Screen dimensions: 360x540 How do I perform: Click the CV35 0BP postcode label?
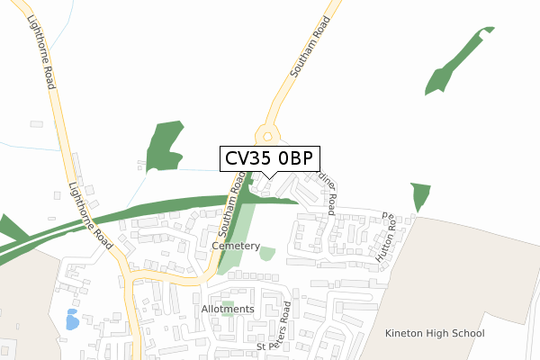coord(269,158)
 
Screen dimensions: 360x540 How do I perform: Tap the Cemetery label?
coord(236,246)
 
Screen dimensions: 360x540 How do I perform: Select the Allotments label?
coord(228,309)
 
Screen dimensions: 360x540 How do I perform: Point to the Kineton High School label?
coord(434,334)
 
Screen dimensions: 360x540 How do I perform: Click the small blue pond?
coord(72,319)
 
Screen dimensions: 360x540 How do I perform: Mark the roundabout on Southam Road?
coord(266,136)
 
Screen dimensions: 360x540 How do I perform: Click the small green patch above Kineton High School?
coord(420,195)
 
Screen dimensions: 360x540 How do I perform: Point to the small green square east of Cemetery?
coord(266,254)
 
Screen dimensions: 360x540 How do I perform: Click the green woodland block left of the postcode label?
coord(164,146)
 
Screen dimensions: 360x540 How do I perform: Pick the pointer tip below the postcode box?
coord(269,177)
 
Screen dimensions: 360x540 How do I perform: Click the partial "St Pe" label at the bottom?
coord(268,346)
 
